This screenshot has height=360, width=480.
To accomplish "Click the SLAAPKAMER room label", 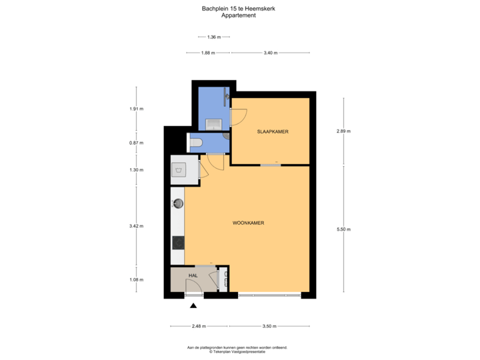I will click(273, 132).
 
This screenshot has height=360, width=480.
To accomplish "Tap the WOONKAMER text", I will click(248, 223).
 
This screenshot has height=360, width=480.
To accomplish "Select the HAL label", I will click(193, 275).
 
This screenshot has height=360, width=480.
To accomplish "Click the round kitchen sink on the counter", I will click(178, 202).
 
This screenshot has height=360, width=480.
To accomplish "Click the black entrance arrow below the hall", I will click(194, 305).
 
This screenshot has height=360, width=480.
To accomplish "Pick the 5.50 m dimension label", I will click(343, 229).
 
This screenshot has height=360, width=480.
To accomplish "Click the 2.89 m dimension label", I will click(343, 131).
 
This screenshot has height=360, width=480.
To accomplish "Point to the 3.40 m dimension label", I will click(270, 52).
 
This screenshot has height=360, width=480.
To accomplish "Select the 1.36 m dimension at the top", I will click(213, 37).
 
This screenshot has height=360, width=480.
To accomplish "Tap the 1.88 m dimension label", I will click(209, 52).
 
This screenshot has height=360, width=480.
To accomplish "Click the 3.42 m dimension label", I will click(136, 227).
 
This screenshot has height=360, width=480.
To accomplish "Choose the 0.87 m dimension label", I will click(136, 142).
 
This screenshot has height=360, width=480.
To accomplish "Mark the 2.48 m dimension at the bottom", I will click(199, 326).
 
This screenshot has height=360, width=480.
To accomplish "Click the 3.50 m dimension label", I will click(269, 326).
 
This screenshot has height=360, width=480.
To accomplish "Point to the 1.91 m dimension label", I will click(136, 109).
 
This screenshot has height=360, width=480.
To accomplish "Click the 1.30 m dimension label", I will click(136, 170).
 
